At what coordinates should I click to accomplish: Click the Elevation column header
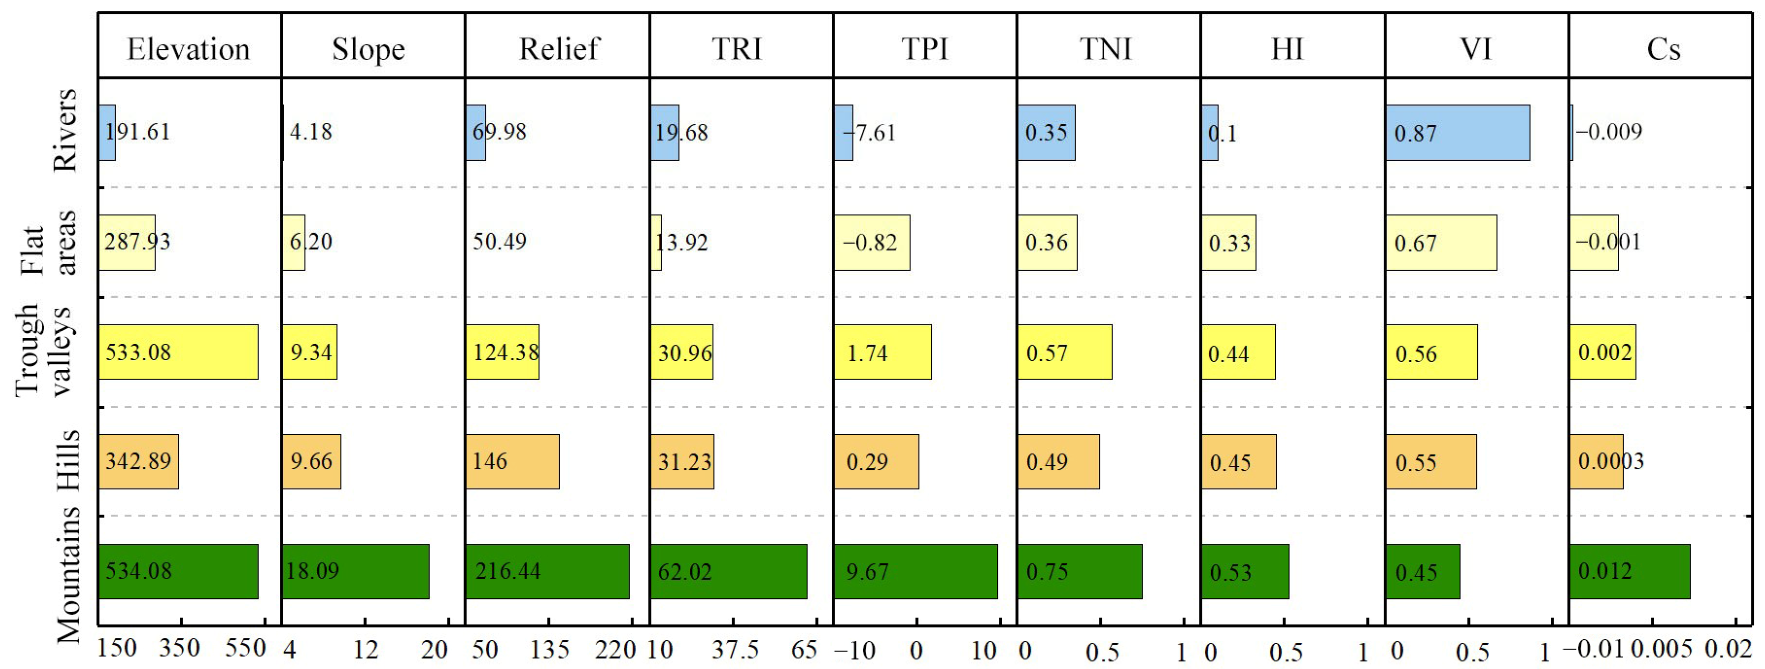tap(188, 50)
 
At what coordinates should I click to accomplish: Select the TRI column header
tap(737, 50)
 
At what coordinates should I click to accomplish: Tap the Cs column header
tap(1663, 50)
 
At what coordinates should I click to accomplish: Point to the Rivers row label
tap(65, 130)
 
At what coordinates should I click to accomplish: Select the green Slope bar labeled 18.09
tap(355, 571)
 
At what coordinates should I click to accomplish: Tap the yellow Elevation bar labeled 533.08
tap(178, 352)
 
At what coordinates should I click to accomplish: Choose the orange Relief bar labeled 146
tap(513, 462)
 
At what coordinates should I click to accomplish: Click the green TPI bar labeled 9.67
tap(915, 571)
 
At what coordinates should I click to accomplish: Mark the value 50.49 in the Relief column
tap(499, 242)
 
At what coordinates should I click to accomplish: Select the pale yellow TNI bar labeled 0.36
tap(1047, 242)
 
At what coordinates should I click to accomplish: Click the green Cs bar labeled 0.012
tap(1629, 571)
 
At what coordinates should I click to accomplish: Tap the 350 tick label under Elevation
tap(180, 648)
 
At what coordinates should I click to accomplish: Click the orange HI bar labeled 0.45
tap(1238, 462)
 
